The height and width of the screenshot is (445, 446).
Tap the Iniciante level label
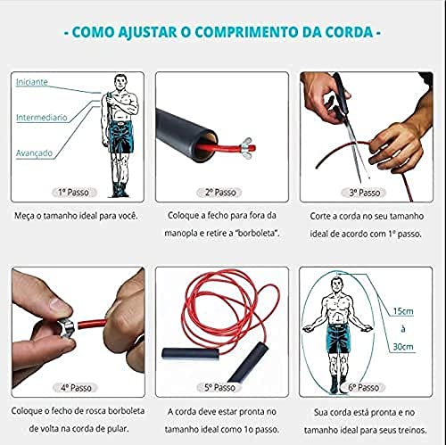pos(31,82)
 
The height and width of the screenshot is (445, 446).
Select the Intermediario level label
pos(40,117)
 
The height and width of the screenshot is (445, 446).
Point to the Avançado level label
pos(34,152)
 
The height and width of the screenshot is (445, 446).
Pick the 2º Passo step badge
pos(222,192)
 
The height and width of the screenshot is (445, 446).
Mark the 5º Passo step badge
pos(222,389)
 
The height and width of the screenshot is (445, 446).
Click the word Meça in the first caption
pos(26,216)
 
